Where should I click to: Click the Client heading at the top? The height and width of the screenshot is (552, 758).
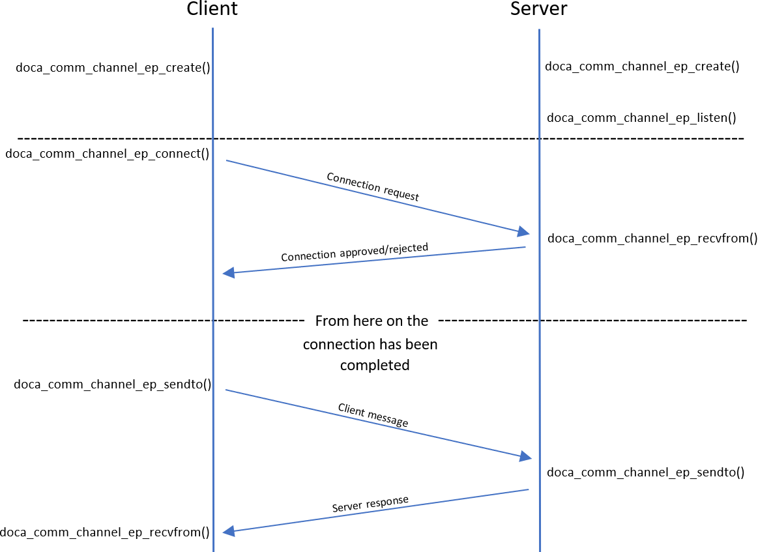tap(212, 9)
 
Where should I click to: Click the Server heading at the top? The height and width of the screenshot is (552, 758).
tap(538, 9)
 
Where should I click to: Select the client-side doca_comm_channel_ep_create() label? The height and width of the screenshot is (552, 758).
tap(113, 67)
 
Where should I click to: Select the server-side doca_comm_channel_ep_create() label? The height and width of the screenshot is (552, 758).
tap(642, 66)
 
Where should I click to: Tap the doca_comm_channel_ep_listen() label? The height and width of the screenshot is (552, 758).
tap(641, 118)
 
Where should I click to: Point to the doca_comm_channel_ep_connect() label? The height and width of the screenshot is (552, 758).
tap(107, 154)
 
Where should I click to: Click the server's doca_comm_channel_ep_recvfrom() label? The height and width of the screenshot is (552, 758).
tap(652, 238)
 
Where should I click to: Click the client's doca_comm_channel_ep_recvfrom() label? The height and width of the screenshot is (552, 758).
tap(105, 532)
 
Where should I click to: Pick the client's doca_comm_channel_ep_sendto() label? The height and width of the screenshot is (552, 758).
tap(113, 384)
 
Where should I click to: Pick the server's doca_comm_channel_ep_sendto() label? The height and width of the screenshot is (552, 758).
tap(645, 472)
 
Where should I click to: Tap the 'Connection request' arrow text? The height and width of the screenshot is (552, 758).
tap(372, 187)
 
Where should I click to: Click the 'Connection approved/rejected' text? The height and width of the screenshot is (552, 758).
tap(355, 252)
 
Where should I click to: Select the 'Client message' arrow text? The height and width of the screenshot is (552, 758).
tap(373, 416)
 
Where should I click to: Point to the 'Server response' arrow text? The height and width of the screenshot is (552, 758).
tap(370, 504)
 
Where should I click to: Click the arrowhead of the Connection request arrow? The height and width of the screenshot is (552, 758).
tap(524, 232)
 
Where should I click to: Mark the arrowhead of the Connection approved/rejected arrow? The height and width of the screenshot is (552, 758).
tap(228, 273)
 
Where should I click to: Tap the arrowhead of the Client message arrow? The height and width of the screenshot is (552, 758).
tap(525, 457)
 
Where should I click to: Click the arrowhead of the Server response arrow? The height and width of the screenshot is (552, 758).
tap(228, 532)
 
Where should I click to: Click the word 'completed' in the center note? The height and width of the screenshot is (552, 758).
tap(374, 365)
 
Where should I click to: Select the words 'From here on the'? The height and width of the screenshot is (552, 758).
tap(372, 321)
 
